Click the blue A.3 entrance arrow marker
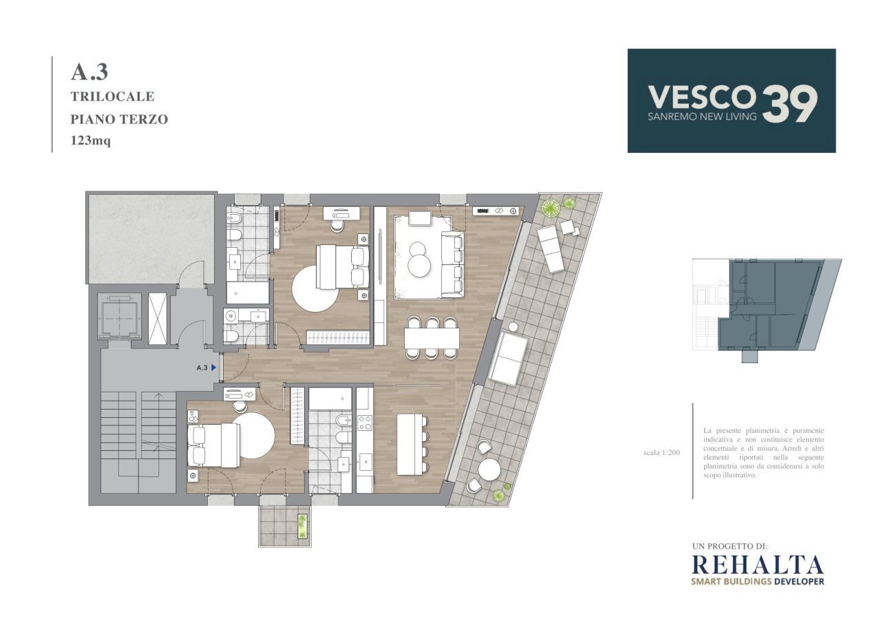pos(214,368)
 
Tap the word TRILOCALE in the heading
pos(112,96)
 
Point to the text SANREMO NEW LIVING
pos(702,117)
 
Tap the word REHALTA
pos(757,564)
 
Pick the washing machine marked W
pos(231,316)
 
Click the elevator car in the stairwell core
pos(120,317)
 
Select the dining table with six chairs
pos(432,337)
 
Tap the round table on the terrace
pos(489,469)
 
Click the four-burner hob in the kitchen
pos(365,422)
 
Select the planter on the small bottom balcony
pos(302,527)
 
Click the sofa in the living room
pos(452,264)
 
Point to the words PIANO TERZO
pos(119,119)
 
